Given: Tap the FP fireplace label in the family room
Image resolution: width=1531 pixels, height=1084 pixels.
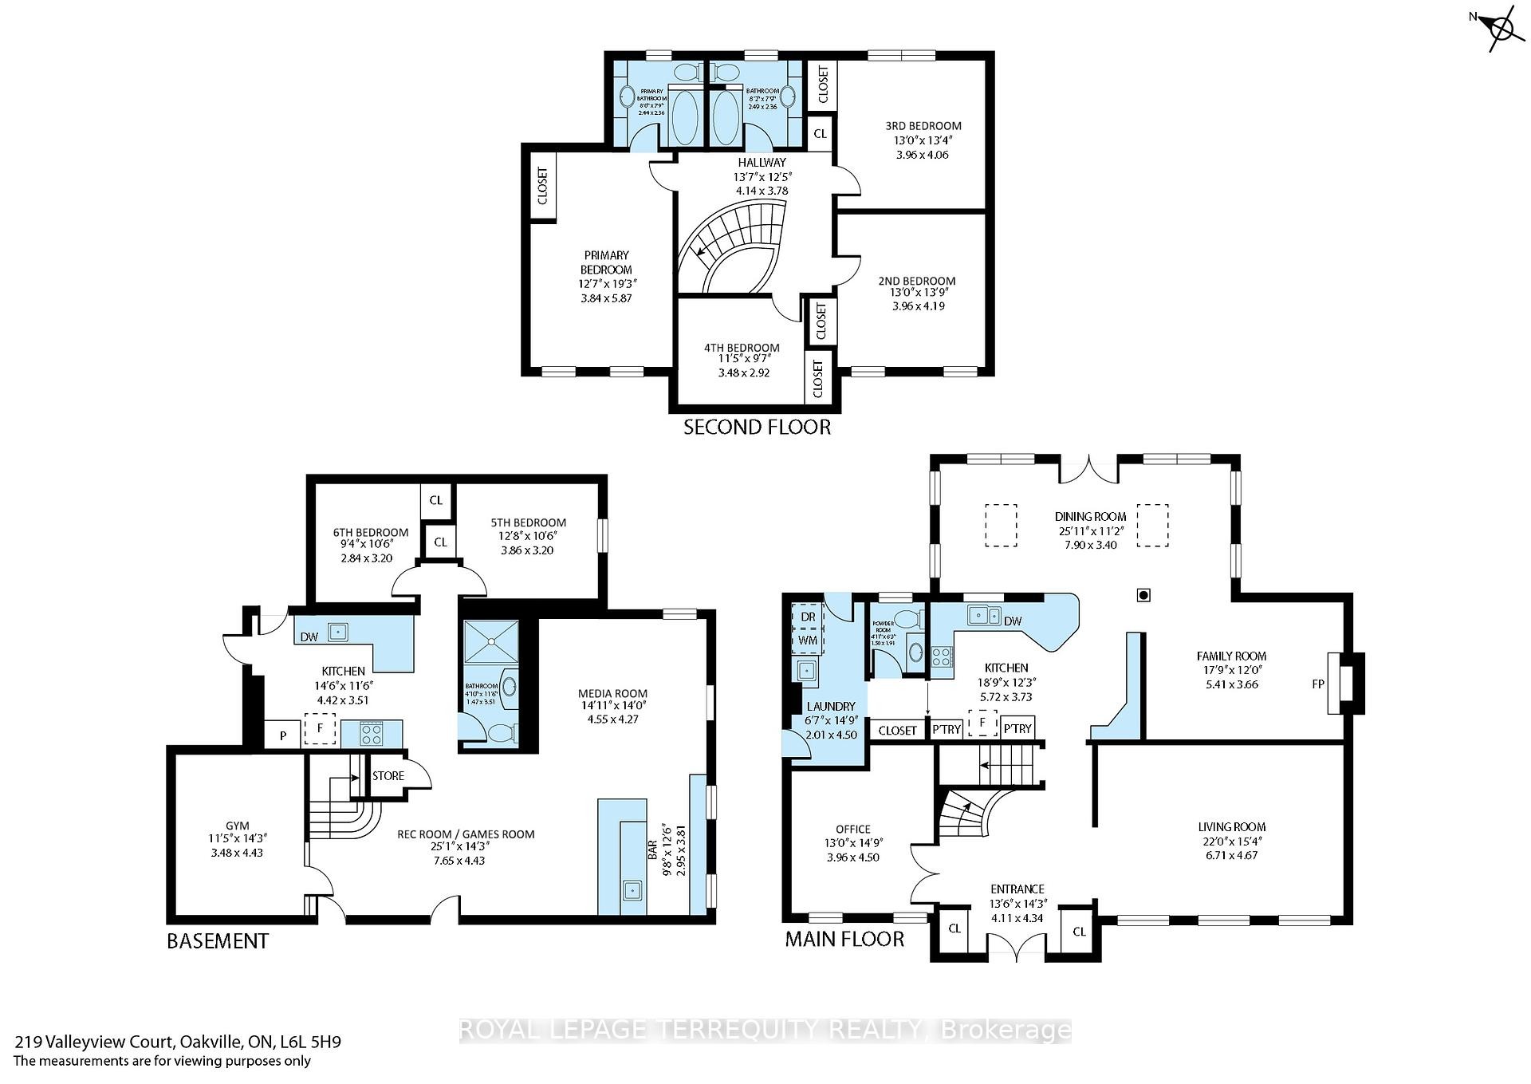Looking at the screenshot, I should pyautogui.click(x=1318, y=684).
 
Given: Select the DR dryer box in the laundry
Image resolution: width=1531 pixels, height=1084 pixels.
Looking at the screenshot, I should pyautogui.click(x=808, y=617).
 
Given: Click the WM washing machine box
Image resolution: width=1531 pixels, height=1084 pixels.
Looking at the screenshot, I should pyautogui.click(x=808, y=641).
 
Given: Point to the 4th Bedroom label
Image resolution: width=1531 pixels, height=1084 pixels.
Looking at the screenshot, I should pyautogui.click(x=742, y=348).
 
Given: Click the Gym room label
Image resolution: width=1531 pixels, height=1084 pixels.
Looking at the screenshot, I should pyautogui.click(x=237, y=826).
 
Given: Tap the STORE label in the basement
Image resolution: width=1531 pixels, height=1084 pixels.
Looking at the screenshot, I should pyautogui.click(x=388, y=775).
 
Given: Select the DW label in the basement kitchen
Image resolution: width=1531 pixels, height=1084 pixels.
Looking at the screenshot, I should pyautogui.click(x=309, y=637).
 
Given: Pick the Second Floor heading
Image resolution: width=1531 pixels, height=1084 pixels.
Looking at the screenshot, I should pyautogui.click(x=757, y=428).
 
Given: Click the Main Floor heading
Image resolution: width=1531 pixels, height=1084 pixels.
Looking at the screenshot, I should pyautogui.click(x=844, y=939).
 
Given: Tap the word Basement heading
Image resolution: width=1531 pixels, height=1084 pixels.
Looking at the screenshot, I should pyautogui.click(x=217, y=941).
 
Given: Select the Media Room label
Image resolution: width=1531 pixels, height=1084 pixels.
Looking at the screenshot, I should pyautogui.click(x=613, y=693).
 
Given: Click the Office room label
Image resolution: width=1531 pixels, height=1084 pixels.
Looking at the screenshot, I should pyautogui.click(x=852, y=829).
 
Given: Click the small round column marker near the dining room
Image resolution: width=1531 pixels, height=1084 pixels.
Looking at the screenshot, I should pyautogui.click(x=1144, y=594).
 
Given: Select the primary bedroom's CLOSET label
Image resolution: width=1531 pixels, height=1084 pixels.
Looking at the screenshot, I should pyautogui.click(x=543, y=185).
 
